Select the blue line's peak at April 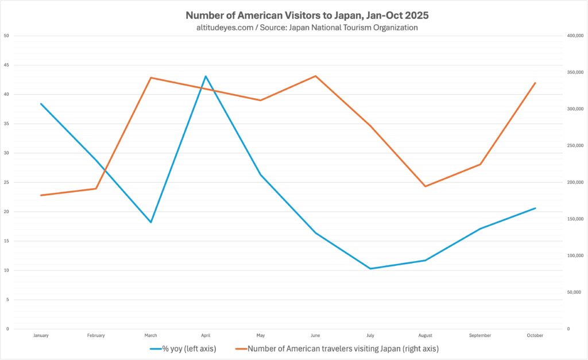point(206,76)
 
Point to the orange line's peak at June point(315,76)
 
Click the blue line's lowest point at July point(370,269)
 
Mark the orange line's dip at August point(425,186)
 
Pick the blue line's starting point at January point(41,104)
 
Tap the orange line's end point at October point(535,83)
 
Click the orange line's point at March point(150,78)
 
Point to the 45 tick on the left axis point(6,65)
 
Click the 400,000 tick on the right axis point(575,36)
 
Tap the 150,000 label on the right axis point(575,219)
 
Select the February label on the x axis point(96,335)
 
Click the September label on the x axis point(480,335)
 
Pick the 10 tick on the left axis point(6,270)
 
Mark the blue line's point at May point(261,175)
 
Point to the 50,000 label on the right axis point(574,292)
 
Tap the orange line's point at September point(480,164)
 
